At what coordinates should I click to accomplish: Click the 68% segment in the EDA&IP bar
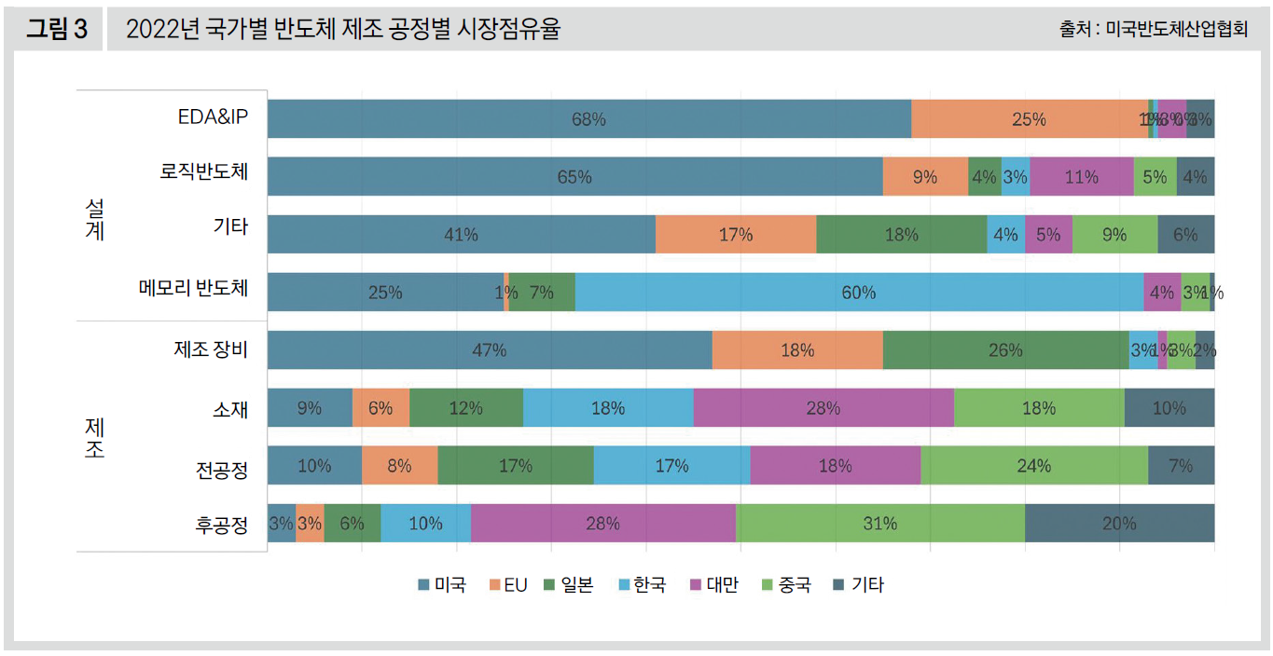coord(589,119)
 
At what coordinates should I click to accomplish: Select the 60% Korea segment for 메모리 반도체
coord(859,293)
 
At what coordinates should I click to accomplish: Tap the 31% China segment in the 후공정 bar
coord(879,524)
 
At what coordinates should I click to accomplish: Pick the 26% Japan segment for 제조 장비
coord(1005,350)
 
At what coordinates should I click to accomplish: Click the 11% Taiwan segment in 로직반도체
coord(1081,177)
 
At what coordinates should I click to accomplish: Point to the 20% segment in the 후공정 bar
coord(1119,524)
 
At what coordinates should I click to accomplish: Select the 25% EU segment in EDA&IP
coord(1029,119)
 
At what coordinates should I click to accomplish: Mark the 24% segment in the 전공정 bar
coord(1034,466)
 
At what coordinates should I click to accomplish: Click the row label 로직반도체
coord(204,172)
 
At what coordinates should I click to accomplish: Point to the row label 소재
coord(230,408)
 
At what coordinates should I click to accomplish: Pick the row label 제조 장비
coord(211,349)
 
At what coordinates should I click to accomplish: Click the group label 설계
coord(94,219)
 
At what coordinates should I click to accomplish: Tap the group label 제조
coord(94,438)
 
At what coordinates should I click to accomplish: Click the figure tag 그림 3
coord(56,30)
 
